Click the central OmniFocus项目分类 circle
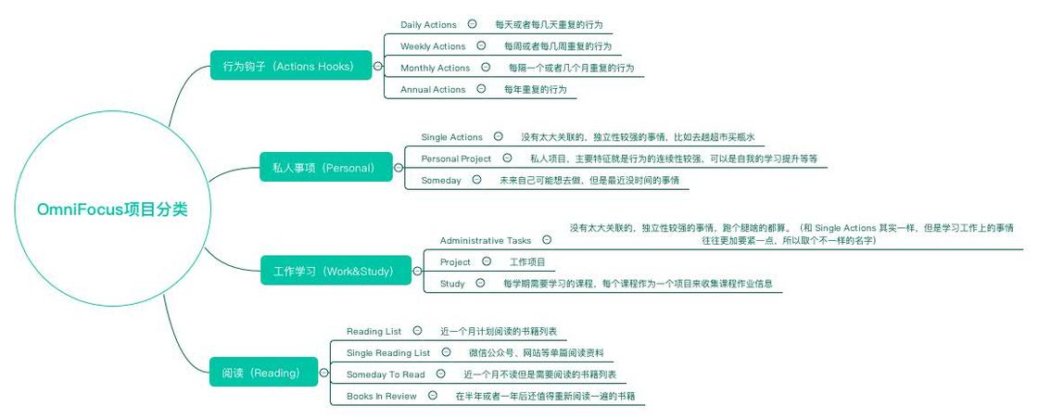[x=111, y=209]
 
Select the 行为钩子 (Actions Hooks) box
[x=289, y=67]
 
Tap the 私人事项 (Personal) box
[x=326, y=168]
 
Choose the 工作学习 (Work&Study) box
[x=334, y=272]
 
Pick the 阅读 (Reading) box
[x=261, y=373]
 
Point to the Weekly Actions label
[x=433, y=46]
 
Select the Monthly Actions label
[x=436, y=68]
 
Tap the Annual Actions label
[x=433, y=90]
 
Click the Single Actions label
[x=452, y=137]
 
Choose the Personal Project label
[x=456, y=159]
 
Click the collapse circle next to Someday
[x=476, y=180]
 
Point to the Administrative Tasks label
[x=486, y=240]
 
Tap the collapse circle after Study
[x=480, y=283]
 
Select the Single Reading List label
[x=388, y=353]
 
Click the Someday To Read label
[x=386, y=375]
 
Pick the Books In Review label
[x=381, y=396]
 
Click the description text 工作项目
[x=527, y=262]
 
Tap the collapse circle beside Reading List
[x=417, y=330]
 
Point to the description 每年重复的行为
[x=535, y=90]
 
